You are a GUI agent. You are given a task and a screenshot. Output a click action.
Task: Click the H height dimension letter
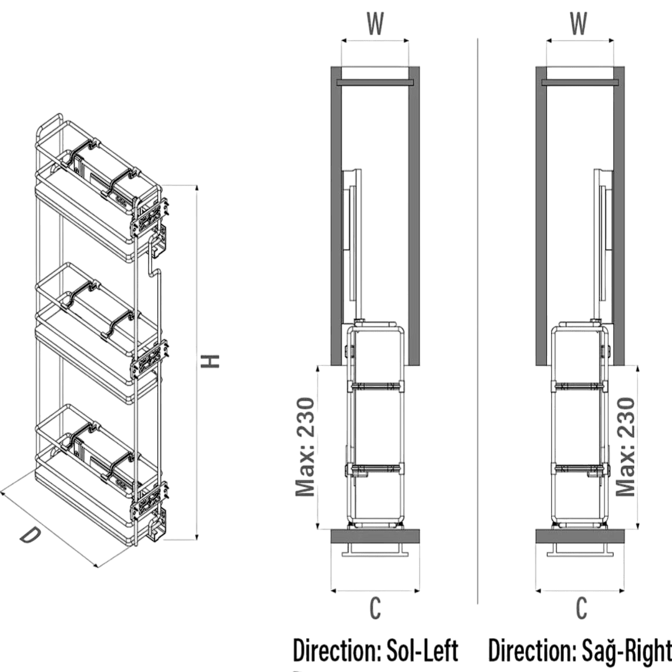coord(210,362)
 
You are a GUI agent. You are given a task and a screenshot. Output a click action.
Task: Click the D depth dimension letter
coord(30,535)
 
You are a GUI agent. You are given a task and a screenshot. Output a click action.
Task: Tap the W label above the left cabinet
coord(375,23)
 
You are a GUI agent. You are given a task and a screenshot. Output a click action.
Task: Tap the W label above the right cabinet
coord(578,23)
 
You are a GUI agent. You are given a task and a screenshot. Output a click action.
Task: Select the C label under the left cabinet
coord(375,608)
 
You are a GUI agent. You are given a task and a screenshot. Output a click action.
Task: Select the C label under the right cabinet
coord(581,608)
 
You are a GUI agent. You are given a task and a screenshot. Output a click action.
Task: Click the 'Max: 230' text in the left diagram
coord(306,447)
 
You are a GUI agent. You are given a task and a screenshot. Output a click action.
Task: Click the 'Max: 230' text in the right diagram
coord(625,447)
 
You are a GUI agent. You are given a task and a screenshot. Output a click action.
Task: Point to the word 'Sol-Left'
coord(422,650)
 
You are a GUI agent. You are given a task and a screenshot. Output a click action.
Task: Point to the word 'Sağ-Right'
coord(627,651)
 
